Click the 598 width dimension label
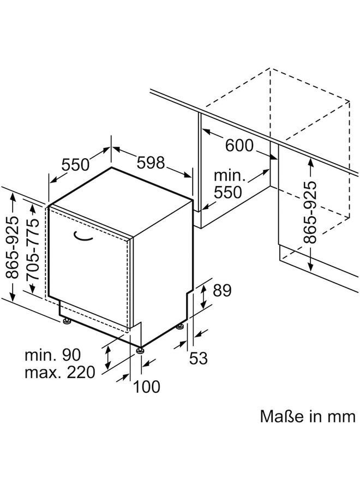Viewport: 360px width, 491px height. [150, 163]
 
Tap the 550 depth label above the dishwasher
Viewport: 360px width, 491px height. [76, 164]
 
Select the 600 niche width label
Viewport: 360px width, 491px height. [238, 146]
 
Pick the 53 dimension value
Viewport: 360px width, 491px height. [199, 358]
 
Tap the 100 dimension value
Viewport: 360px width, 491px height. [147, 386]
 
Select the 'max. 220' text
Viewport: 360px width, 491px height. [60, 373]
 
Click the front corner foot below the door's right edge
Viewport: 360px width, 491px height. [141, 350]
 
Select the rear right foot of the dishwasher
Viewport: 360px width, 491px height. [180, 327]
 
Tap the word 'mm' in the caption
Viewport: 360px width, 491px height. [342, 417]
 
